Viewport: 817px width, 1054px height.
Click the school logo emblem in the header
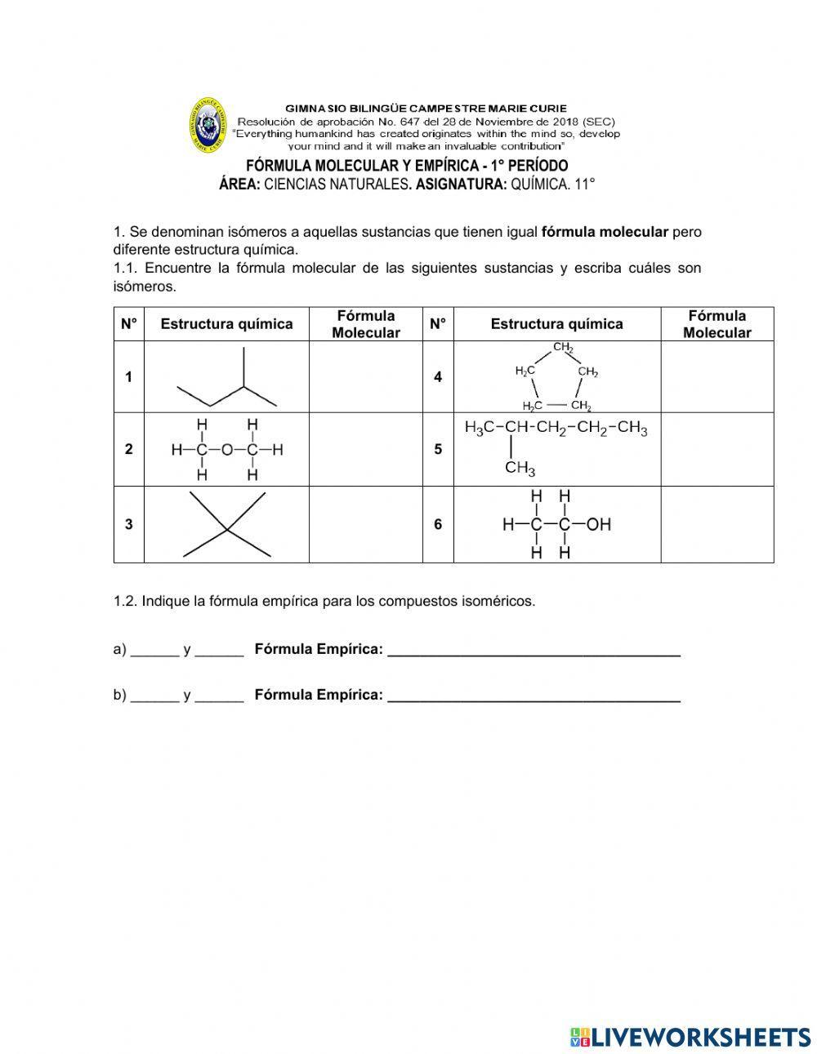click(208, 124)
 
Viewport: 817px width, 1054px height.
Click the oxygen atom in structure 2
click(226, 450)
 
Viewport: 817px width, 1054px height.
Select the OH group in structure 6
click(598, 525)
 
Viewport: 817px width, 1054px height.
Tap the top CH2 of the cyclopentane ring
click(563, 347)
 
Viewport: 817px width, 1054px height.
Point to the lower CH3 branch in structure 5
click(520, 468)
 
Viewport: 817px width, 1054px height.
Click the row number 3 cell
click(128, 525)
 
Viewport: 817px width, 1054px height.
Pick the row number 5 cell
click(438, 449)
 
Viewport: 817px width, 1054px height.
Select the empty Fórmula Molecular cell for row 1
click(365, 376)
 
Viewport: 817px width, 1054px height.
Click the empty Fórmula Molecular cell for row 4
click(717, 376)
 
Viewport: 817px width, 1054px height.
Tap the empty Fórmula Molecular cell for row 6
click(717, 525)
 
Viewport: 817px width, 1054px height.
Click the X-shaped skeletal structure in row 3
click(227, 525)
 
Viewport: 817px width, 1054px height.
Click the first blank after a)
click(154, 650)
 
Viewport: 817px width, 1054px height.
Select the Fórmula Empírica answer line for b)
click(534, 696)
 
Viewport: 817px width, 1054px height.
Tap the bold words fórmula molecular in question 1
click(605, 232)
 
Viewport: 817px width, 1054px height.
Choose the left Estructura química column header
click(226, 324)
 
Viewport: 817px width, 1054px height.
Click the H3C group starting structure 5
click(480, 428)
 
